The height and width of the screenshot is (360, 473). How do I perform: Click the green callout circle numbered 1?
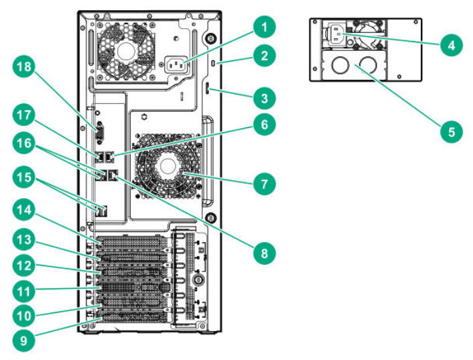[265, 28]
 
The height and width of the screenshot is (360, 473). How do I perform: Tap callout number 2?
[265, 56]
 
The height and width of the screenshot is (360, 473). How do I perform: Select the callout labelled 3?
[265, 99]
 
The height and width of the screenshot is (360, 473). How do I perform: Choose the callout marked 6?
[265, 125]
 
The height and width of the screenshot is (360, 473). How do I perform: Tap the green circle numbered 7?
[265, 182]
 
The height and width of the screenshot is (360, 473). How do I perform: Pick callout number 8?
[265, 254]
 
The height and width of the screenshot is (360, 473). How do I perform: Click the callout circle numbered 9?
[25, 341]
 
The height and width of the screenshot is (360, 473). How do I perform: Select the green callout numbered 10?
[25, 315]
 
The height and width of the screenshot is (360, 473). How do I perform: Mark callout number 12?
[25, 267]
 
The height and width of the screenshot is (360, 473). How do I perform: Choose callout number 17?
[25, 115]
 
